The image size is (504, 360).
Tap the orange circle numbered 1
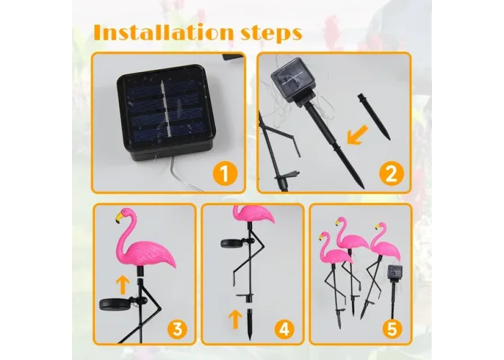(x=225, y=174)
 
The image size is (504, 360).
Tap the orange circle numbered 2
(x=391, y=174)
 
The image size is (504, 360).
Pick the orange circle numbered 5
(x=392, y=328)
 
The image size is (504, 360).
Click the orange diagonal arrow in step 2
(x=357, y=135)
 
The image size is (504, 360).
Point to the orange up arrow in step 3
(x=122, y=285)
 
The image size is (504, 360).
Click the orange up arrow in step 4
(x=235, y=319)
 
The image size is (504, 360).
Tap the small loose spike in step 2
(x=374, y=117)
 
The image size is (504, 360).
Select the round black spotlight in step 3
(x=111, y=304)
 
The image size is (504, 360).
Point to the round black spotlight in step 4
(x=231, y=243)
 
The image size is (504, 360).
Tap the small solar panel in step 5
(x=393, y=271)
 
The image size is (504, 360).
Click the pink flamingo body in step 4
(x=254, y=214)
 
